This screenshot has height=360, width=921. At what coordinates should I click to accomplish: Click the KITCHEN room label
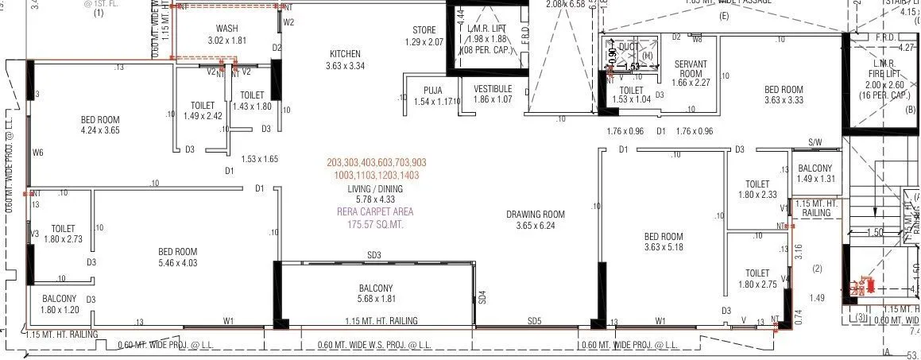pos(345,54)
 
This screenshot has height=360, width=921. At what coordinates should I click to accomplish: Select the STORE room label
pos(424,30)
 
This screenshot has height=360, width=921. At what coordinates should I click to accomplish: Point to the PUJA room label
pos(433,89)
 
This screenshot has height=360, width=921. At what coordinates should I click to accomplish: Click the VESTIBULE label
pos(493,88)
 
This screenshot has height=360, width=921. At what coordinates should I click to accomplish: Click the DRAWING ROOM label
pos(536,214)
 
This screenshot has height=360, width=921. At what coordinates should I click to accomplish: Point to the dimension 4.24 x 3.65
pos(100,130)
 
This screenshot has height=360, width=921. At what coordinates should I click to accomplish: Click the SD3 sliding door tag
pos(373,255)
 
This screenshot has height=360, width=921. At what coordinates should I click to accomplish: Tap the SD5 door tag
pos(534,321)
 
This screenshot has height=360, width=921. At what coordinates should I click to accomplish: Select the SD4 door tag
pos(482,299)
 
